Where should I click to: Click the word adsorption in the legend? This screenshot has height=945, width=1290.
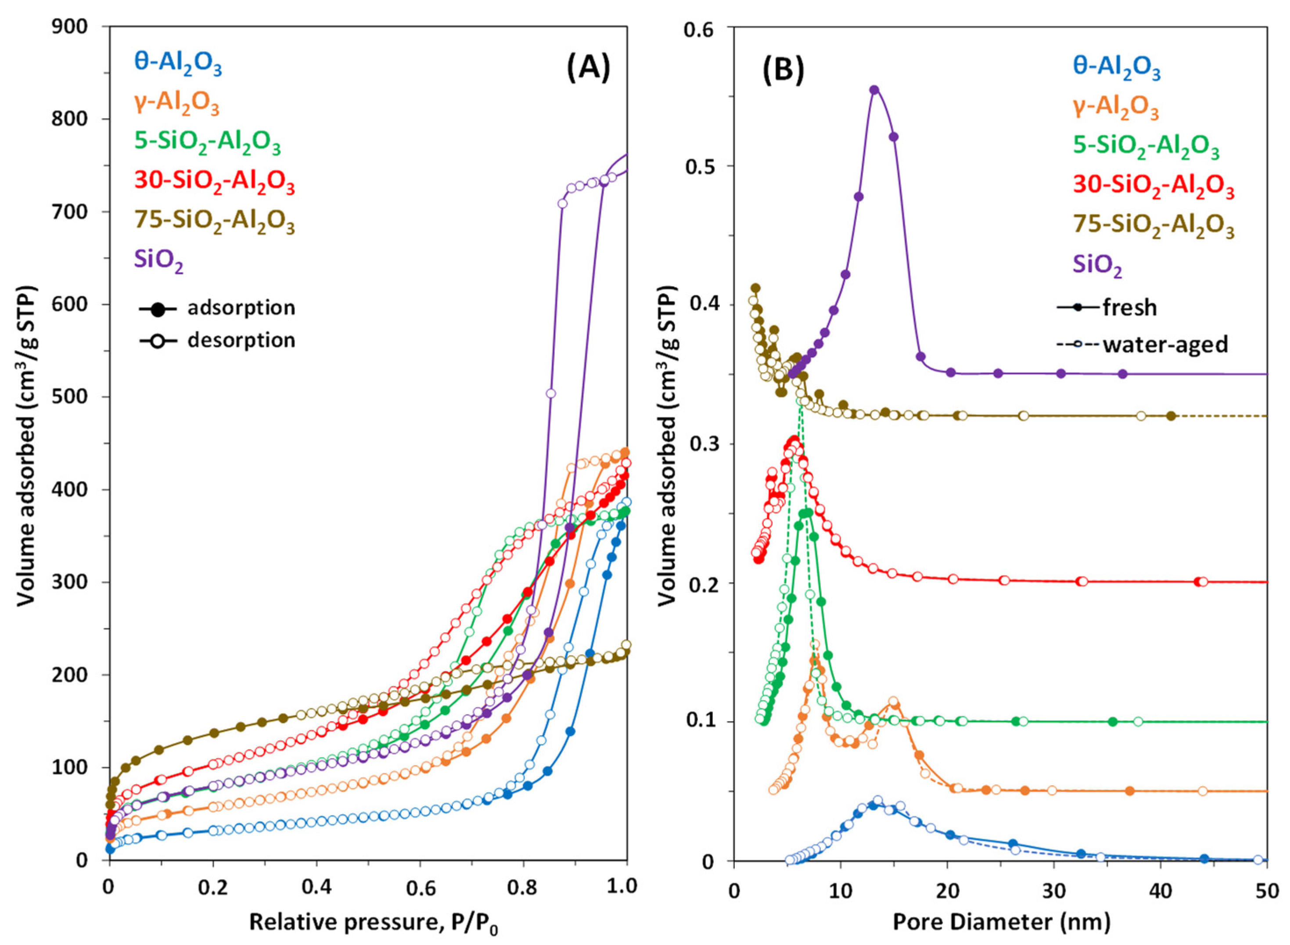coord(241,308)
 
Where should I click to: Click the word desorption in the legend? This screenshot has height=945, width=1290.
coord(241,340)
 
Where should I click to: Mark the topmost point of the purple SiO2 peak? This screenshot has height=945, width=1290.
coord(874,90)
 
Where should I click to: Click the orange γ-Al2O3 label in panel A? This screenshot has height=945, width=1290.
coord(177,104)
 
